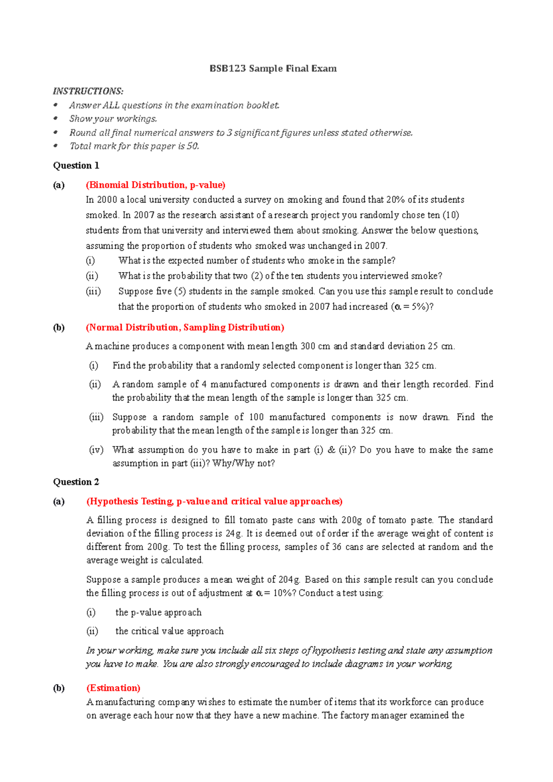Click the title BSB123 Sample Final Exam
pos(273,69)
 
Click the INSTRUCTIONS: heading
pos(88,91)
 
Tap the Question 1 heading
pos(76,165)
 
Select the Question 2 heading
pos(76,482)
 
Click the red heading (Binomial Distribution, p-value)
pos(155,185)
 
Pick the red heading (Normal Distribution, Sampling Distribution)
pos(185,327)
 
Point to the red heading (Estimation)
pos(113,688)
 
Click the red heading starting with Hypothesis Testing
pos(214,501)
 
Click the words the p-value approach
pos(158,612)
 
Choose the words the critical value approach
pos(169,631)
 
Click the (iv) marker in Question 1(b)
pos(96,449)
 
